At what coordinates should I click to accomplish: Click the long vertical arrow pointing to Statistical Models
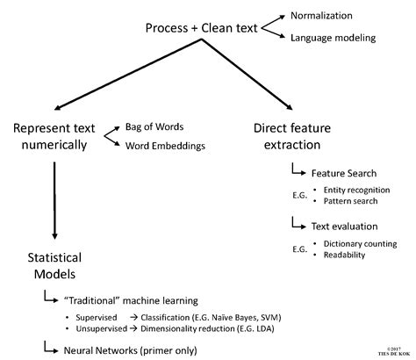tap(55, 198)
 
